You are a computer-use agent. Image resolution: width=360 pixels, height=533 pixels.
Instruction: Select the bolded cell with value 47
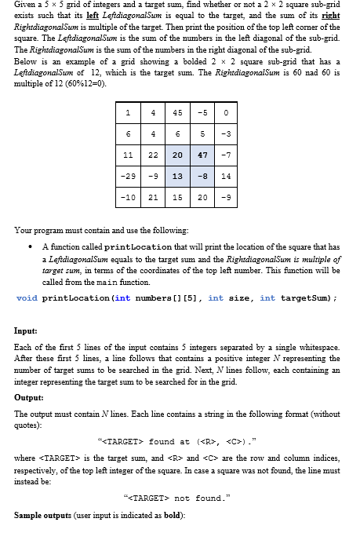(202, 155)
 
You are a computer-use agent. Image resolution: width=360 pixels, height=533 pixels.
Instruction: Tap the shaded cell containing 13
(179, 177)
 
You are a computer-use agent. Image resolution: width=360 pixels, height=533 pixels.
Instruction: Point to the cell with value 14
(226, 177)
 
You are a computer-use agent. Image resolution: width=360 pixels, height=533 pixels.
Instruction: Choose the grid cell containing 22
(154, 155)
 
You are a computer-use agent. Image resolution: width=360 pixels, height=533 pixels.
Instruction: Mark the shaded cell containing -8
(202, 177)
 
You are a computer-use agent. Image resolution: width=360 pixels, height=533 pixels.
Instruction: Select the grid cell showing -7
(226, 155)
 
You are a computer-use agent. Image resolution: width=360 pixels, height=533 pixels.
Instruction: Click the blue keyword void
(27, 298)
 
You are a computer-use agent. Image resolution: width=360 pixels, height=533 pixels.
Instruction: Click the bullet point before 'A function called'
(31, 246)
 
